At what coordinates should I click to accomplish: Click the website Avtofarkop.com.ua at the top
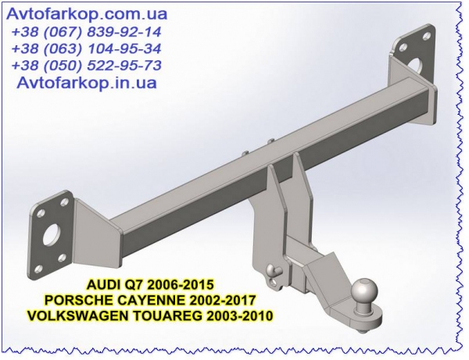(x=87, y=14)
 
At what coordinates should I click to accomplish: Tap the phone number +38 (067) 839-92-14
(x=87, y=32)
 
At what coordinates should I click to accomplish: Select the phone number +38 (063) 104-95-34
(x=87, y=48)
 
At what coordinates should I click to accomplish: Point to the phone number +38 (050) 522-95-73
(x=87, y=66)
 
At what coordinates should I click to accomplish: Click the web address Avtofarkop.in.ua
(x=87, y=82)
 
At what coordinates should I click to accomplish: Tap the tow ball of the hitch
(x=363, y=290)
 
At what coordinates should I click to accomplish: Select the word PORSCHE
(x=73, y=300)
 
